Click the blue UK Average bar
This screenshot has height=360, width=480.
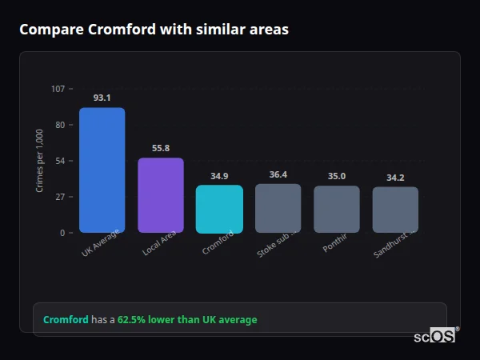click(x=102, y=170)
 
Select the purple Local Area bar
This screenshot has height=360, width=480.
click(x=160, y=195)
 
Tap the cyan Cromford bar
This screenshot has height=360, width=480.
click(x=219, y=209)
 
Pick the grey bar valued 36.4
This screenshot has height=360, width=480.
click(x=278, y=208)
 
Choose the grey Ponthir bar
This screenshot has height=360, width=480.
click(x=337, y=209)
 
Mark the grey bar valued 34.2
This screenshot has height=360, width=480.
click(x=395, y=210)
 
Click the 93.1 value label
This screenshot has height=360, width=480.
click(x=102, y=98)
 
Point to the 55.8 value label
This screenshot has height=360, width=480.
click(x=160, y=148)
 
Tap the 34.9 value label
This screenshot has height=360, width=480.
click(x=219, y=176)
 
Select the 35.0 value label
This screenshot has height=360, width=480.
click(x=337, y=176)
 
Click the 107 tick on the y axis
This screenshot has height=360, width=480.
click(x=58, y=89)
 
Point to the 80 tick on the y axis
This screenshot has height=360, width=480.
click(x=60, y=125)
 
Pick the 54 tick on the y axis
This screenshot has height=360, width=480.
click(x=60, y=161)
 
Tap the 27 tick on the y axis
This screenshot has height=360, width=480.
click(x=60, y=197)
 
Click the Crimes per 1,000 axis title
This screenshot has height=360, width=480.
click(x=40, y=161)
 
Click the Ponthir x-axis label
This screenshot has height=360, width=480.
click(x=335, y=245)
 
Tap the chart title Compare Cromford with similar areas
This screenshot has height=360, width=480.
click(x=154, y=30)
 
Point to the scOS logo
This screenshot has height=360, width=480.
click(x=434, y=336)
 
